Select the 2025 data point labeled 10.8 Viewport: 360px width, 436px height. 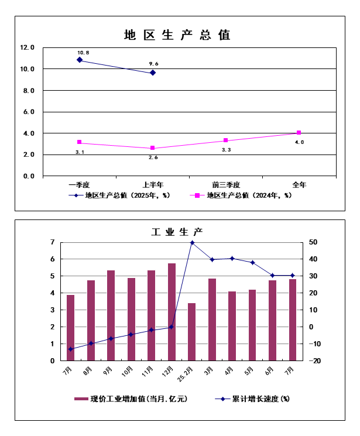click(80, 60)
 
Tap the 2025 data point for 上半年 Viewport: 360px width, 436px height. click(153, 73)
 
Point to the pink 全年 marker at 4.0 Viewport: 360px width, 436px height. click(299, 133)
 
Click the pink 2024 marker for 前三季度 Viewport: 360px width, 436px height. click(225, 140)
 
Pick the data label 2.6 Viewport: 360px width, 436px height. click(153, 157)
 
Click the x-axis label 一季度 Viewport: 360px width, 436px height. click(79, 184)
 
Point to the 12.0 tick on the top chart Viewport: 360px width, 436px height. click(28, 47)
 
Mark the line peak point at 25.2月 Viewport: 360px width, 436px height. click(192, 242)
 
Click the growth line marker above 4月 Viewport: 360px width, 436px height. click(232, 258)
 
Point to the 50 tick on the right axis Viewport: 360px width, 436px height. click(314, 242)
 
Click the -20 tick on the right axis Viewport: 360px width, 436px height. click(314, 361)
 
